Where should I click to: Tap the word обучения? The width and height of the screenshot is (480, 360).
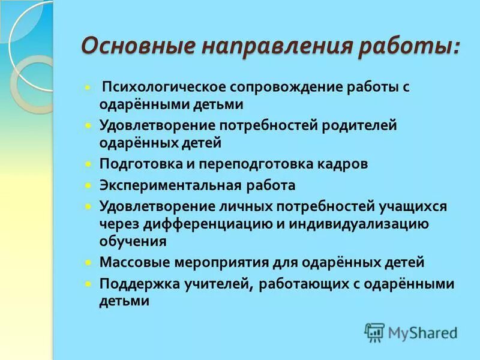click(x=133, y=241)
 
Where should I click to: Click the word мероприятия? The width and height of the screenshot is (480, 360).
click(x=216, y=262)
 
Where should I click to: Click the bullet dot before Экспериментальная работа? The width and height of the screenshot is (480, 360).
click(x=88, y=185)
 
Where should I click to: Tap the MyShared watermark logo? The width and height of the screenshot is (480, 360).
click(x=412, y=332)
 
